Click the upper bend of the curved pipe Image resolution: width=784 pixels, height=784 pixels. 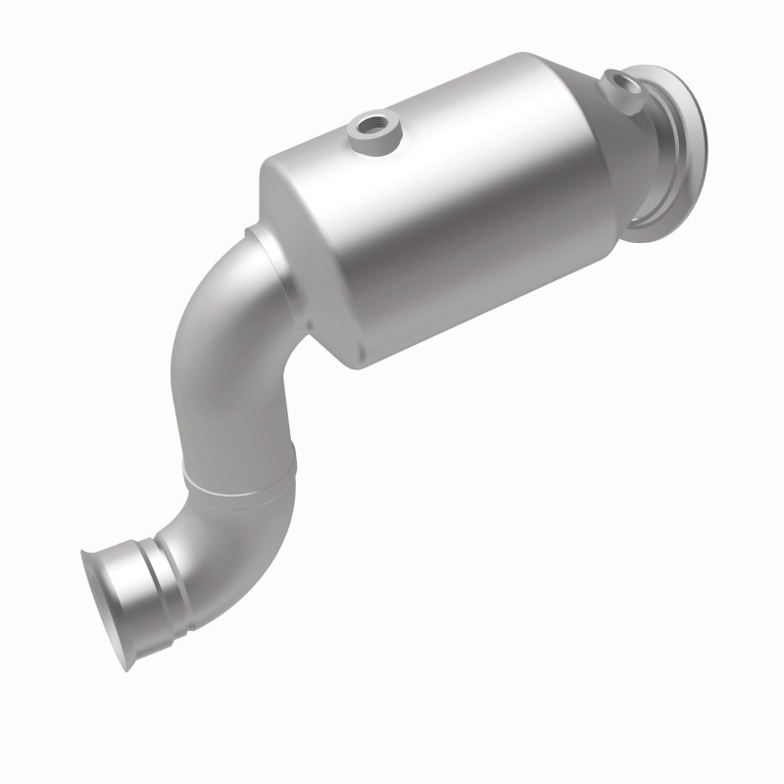coord(211,323)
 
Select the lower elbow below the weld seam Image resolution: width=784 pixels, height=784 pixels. coord(216,529)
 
